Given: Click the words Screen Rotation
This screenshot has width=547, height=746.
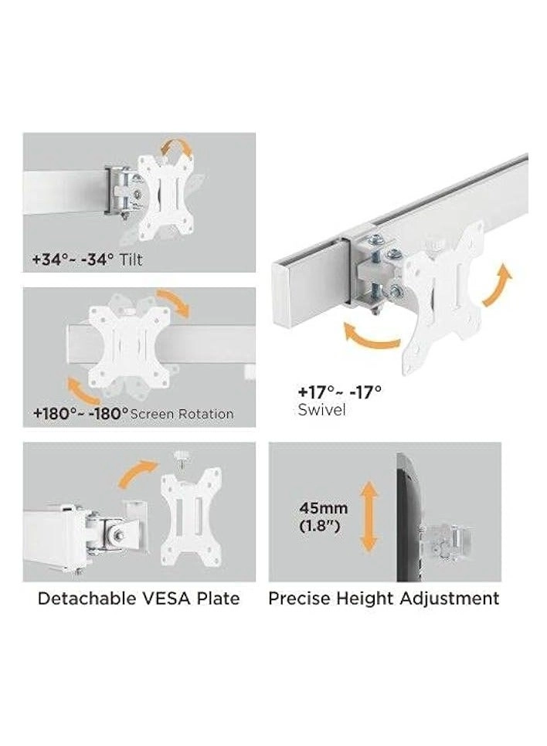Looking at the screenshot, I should (x=182, y=414).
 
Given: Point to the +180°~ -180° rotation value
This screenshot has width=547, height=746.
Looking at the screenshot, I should (x=80, y=413).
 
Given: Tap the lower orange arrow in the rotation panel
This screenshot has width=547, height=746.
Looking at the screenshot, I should (x=81, y=388).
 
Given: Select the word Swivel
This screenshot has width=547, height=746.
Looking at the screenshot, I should (x=321, y=410).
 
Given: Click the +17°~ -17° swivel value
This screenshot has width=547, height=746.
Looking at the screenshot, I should (x=339, y=392).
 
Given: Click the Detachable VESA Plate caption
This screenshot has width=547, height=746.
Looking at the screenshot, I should (x=138, y=598).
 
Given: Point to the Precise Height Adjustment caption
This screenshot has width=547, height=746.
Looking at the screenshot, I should (x=383, y=598).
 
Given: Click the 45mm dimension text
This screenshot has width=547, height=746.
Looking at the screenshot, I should (x=324, y=509).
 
